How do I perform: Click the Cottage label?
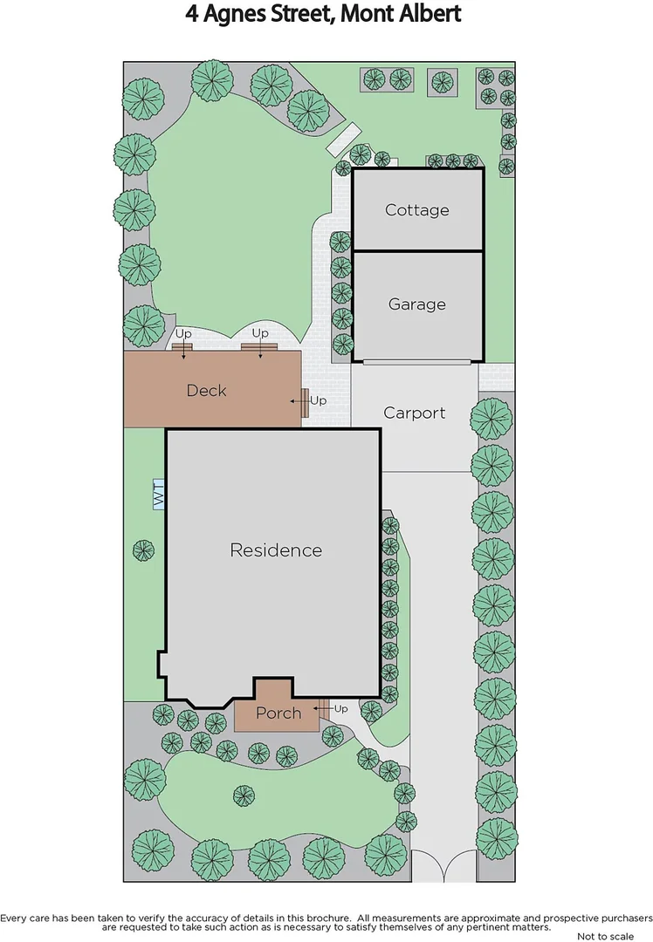pos(417,210)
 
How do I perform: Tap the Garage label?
pos(417,304)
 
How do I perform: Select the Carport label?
pos(415,413)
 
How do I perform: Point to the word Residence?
pos(276,550)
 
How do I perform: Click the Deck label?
pos(206,391)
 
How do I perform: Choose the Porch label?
pos(278,713)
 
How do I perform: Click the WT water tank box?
pos(159,495)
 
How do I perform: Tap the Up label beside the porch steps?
pos(340,709)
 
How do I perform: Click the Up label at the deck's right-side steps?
pos(318,401)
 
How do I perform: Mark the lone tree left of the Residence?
pos(143,550)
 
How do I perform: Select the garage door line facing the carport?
pos(417,360)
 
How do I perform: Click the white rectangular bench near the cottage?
pos(343,138)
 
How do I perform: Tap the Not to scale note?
pos(607,936)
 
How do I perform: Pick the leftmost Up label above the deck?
pos(183,334)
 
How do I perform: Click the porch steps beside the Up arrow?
pos(323,709)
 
